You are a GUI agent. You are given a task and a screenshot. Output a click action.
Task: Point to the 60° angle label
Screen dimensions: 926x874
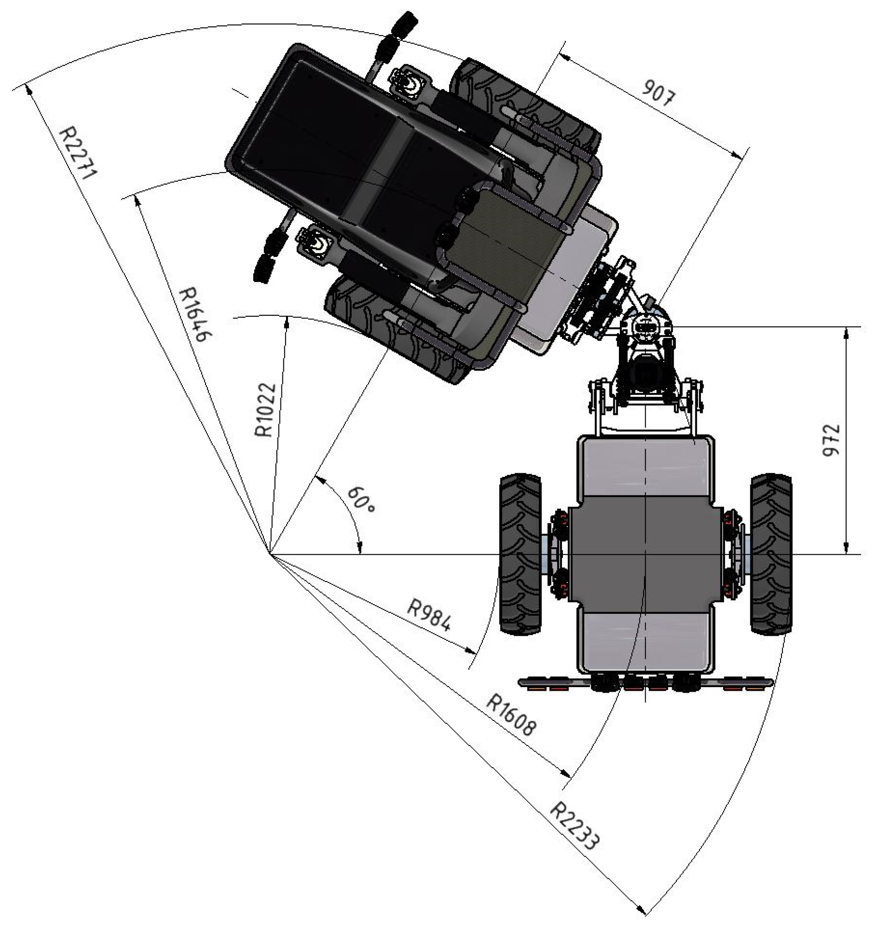[361, 500]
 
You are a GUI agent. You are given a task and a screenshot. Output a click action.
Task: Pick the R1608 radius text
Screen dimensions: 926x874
[511, 715]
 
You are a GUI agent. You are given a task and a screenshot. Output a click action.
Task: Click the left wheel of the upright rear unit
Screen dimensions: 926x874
[520, 554]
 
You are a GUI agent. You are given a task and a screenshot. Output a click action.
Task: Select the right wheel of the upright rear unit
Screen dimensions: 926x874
[771, 554]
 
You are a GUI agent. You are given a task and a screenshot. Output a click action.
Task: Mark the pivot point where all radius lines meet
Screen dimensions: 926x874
[270, 554]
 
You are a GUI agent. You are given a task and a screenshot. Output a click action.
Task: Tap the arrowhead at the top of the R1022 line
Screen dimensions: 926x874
[287, 321]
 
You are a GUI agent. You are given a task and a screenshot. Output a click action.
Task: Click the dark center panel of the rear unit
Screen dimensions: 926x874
[645, 554]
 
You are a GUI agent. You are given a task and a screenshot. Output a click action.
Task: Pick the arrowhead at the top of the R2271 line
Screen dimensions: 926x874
[29, 90]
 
